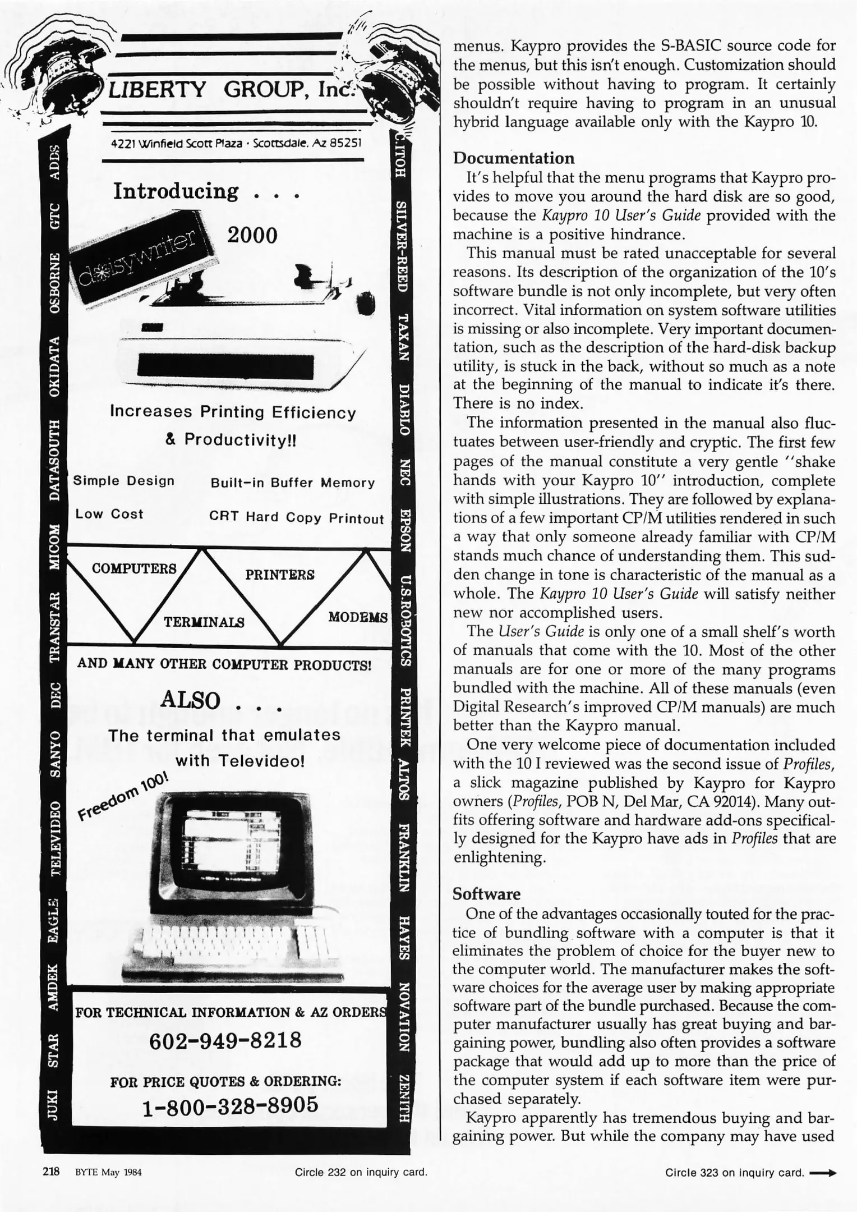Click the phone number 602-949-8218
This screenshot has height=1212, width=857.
(225, 1040)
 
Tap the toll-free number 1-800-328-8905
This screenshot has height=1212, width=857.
(230, 1105)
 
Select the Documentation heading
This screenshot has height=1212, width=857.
(513, 158)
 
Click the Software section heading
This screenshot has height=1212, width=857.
(486, 893)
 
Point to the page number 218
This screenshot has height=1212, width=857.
(51, 1172)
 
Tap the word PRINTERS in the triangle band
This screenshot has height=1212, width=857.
(279, 575)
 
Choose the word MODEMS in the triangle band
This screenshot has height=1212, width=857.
(358, 617)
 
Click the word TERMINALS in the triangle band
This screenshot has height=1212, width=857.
(204, 622)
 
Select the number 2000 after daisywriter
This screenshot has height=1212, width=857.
(252, 235)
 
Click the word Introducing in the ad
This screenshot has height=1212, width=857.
(176, 191)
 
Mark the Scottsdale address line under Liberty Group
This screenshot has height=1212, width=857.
(236, 143)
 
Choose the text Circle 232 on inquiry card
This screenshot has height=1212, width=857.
(361, 1172)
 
